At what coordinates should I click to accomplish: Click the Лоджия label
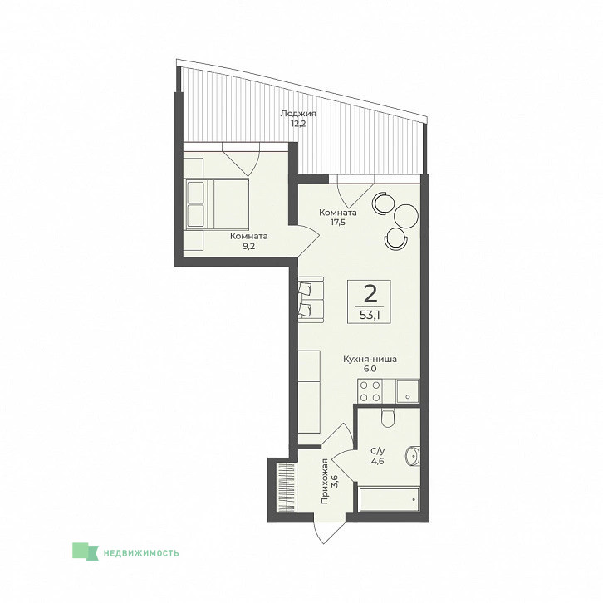click(x=298, y=114)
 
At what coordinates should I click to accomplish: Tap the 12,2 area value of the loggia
click(x=298, y=124)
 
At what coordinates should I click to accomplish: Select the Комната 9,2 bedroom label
click(x=249, y=241)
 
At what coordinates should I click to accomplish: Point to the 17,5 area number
click(x=338, y=222)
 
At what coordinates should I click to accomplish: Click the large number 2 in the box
click(x=370, y=294)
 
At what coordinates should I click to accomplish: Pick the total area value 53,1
click(x=369, y=315)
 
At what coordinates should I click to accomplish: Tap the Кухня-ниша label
click(x=370, y=360)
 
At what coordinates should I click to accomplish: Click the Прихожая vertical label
click(x=325, y=481)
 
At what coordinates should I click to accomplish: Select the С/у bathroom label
click(x=378, y=451)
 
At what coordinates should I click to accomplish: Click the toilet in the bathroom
click(x=388, y=418)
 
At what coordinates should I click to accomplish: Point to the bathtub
click(x=389, y=500)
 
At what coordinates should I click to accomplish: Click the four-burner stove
click(x=370, y=391)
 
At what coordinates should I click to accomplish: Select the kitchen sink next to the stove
click(x=408, y=391)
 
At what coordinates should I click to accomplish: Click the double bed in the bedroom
click(x=217, y=204)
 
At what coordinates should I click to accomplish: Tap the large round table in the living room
click(x=406, y=216)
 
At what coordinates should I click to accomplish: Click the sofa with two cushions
click(x=311, y=297)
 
